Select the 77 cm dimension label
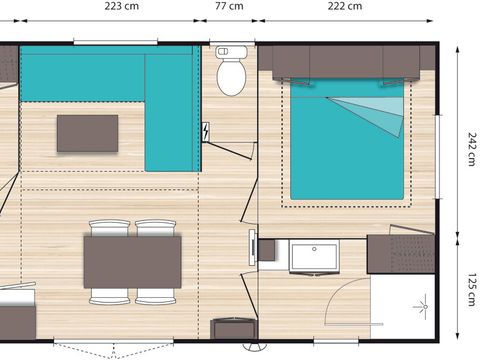click(229, 7)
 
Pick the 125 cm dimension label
click(468, 290)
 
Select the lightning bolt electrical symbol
click(206, 132)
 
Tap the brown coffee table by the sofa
click(87, 133)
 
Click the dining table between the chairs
click(133, 261)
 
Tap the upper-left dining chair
click(109, 228)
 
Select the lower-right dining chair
click(157, 295)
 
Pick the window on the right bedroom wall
click(438, 145)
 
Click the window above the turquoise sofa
click(116, 42)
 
